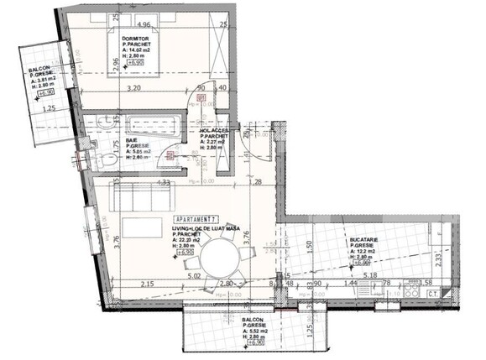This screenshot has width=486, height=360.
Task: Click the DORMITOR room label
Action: [x=135, y=39]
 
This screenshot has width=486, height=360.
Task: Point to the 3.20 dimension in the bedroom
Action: [x=131, y=86]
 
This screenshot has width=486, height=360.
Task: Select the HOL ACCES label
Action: [x=215, y=131]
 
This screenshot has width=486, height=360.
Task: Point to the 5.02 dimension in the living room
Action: [x=196, y=274]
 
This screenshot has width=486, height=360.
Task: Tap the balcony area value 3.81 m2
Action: [x=44, y=80]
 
